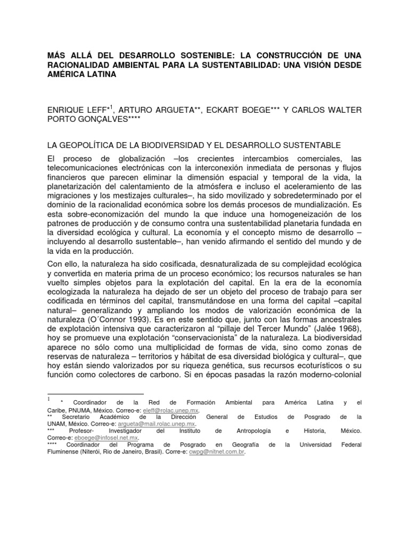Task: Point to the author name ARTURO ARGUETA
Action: [153, 110]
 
